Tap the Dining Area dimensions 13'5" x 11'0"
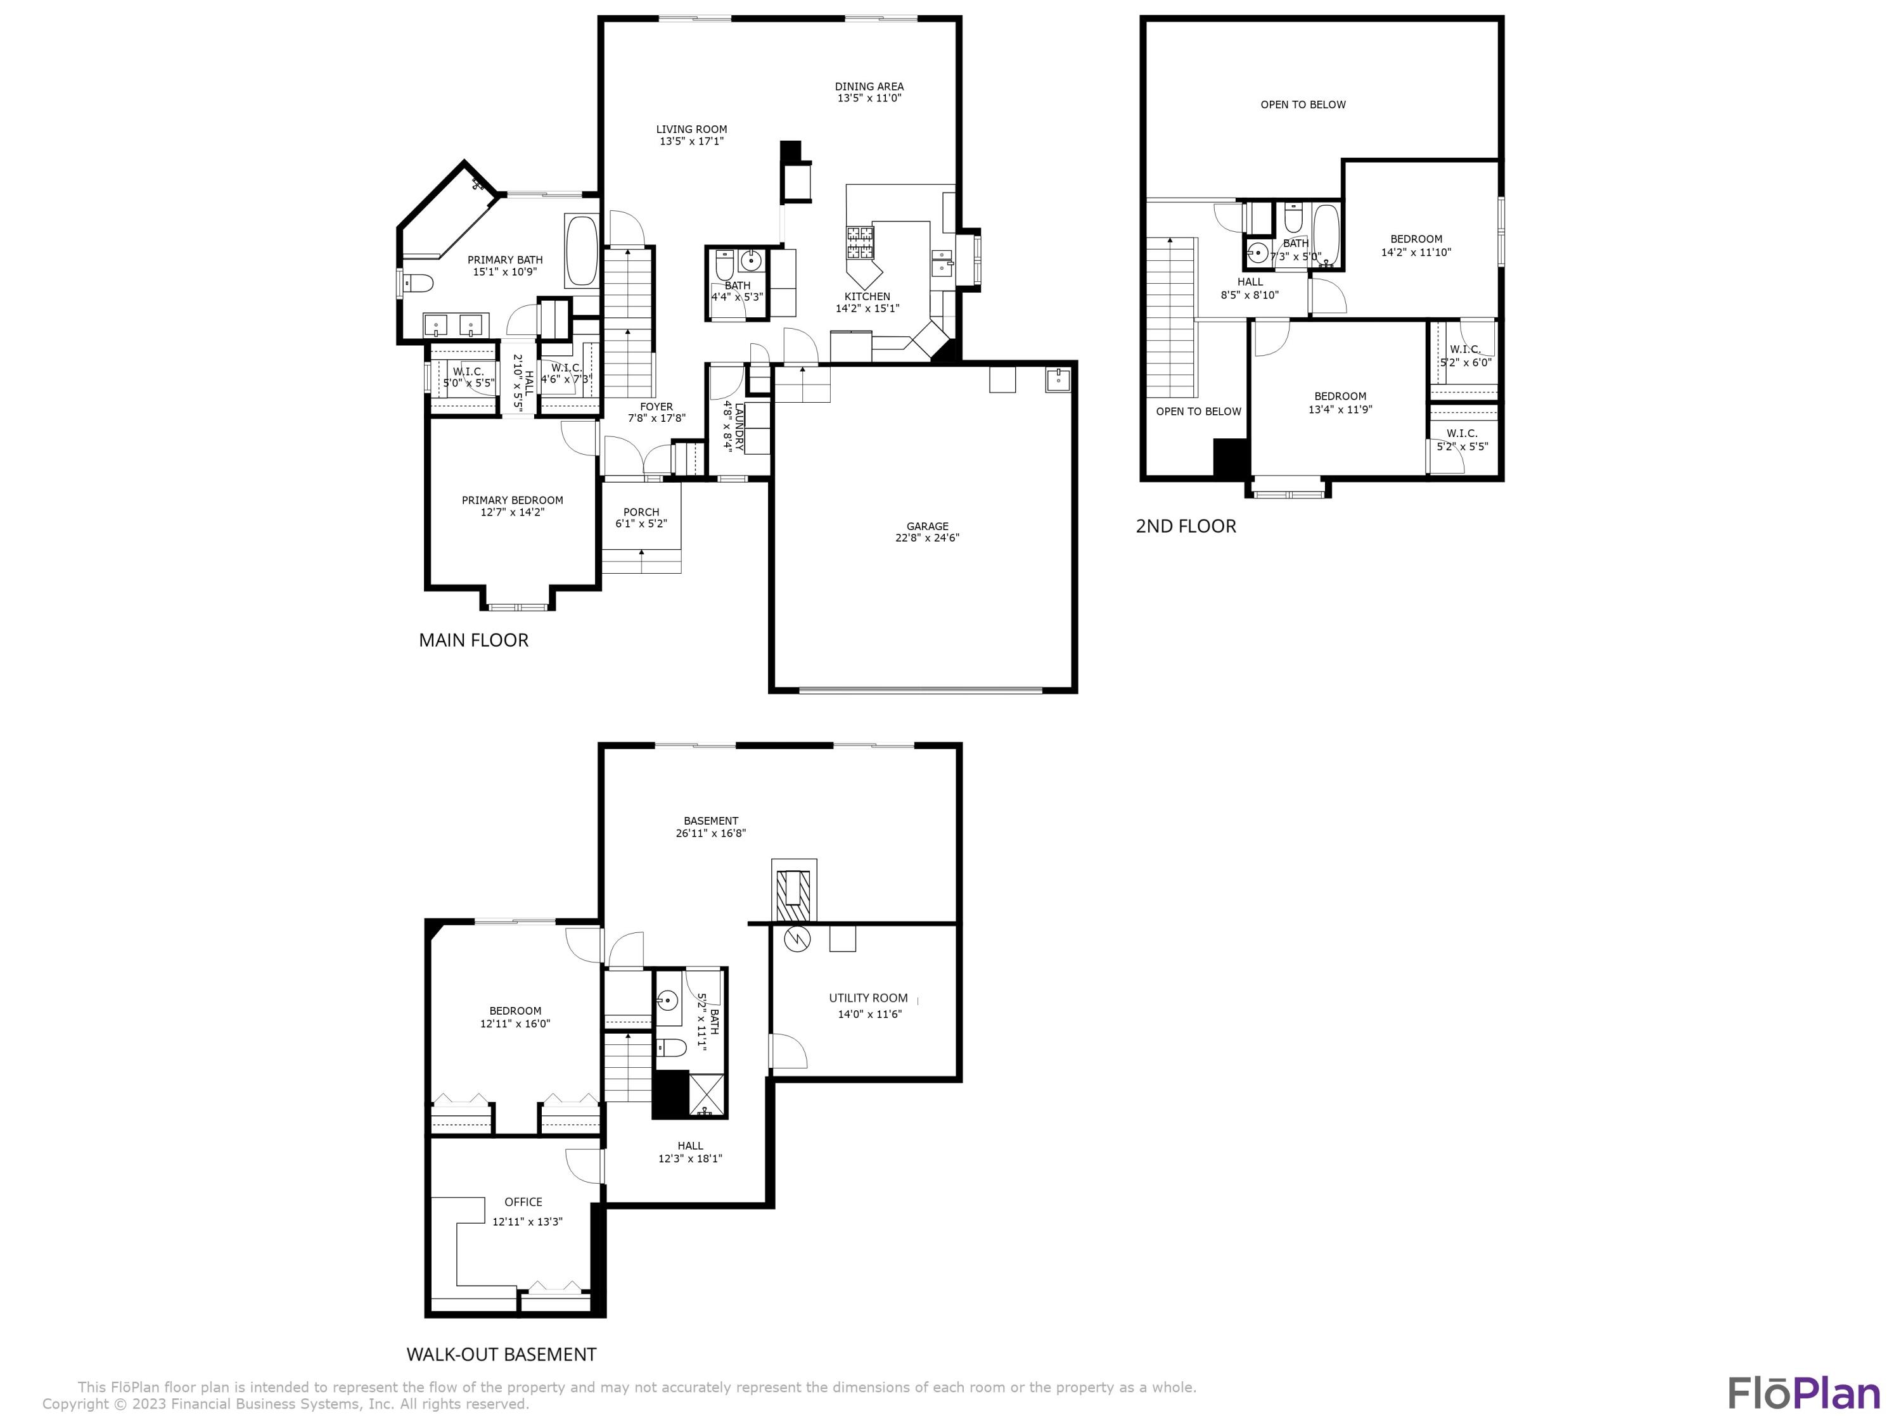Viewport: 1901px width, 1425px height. [x=870, y=99]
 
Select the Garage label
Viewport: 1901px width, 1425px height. [x=927, y=526]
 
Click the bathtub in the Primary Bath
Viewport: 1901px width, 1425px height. [x=582, y=251]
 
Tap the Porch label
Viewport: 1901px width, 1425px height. [x=641, y=512]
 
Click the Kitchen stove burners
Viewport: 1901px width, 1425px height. [x=859, y=241]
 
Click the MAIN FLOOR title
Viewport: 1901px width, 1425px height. [x=473, y=640]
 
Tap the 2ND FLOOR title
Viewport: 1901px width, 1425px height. [x=1186, y=526]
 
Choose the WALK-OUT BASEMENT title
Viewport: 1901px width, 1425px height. [x=501, y=1355]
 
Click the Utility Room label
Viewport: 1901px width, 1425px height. [x=868, y=998]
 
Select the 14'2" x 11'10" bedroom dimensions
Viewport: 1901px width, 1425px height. [x=1416, y=253]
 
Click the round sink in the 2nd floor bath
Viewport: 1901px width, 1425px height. [x=1258, y=253]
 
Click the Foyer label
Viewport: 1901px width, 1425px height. [x=656, y=407]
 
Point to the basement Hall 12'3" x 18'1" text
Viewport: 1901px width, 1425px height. [x=690, y=1152]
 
